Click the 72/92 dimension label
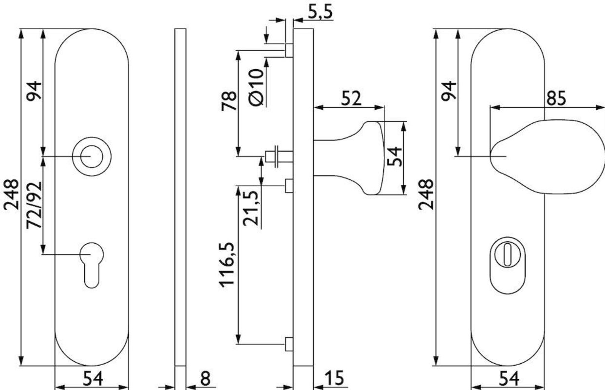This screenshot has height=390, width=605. [34, 205]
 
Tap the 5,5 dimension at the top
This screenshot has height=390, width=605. [320, 11]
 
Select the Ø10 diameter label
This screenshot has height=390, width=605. [256, 87]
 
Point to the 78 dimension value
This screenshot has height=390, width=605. [229, 101]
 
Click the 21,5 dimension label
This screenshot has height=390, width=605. [250, 208]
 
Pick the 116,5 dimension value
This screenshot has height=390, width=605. [227, 265]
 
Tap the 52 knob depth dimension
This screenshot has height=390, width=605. [351, 98]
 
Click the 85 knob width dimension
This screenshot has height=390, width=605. [556, 98]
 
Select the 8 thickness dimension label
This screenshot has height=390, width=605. [205, 378]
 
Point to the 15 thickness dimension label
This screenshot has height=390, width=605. [334, 378]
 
